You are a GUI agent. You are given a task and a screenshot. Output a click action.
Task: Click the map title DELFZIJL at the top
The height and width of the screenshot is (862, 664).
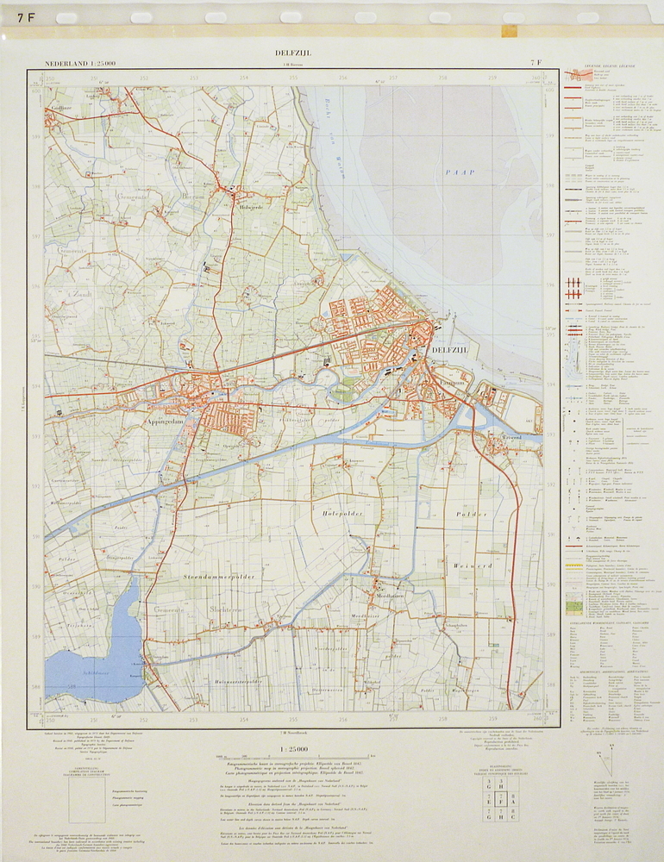(293, 53)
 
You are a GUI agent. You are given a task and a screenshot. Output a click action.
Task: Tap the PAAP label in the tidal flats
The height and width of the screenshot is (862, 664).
(460, 172)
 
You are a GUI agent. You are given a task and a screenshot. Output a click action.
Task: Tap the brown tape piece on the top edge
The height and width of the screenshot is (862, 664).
(509, 30)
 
